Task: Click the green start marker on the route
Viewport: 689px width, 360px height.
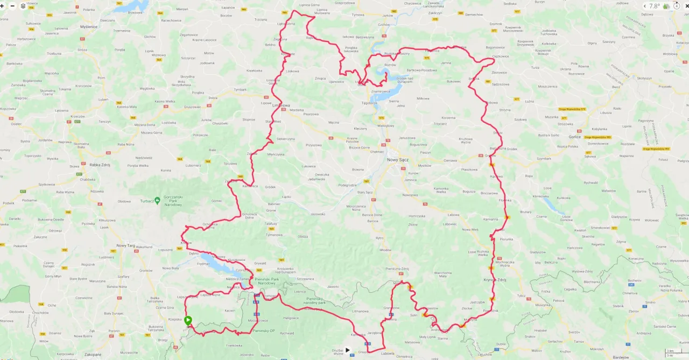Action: (x=188, y=320)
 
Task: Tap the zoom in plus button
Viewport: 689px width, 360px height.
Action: (x=3, y=6)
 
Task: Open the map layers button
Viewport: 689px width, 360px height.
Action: (x=23, y=6)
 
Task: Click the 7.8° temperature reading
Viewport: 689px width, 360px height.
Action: (x=654, y=6)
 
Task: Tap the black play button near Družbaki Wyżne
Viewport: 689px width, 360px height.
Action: (x=347, y=350)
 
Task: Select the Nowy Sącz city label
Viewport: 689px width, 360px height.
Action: (x=399, y=160)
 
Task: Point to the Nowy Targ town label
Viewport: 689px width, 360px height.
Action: (x=125, y=245)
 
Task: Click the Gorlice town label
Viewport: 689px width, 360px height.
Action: (x=574, y=137)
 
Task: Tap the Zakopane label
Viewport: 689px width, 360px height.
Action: (x=93, y=355)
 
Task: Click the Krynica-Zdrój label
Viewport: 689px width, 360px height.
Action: (x=496, y=280)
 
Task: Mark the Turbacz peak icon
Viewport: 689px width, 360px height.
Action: (x=157, y=200)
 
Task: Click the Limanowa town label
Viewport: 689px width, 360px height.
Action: (x=281, y=105)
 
